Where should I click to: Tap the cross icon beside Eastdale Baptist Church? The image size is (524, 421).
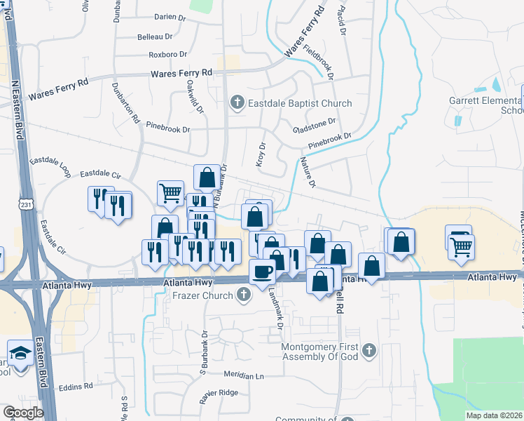[237, 104]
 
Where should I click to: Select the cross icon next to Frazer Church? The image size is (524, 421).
[242, 295]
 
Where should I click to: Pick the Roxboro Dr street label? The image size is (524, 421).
[167, 54]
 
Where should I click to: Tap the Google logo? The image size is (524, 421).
[23, 413]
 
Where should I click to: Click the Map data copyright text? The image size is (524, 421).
[494, 415]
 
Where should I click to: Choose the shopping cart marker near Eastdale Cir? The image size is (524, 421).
[171, 194]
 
